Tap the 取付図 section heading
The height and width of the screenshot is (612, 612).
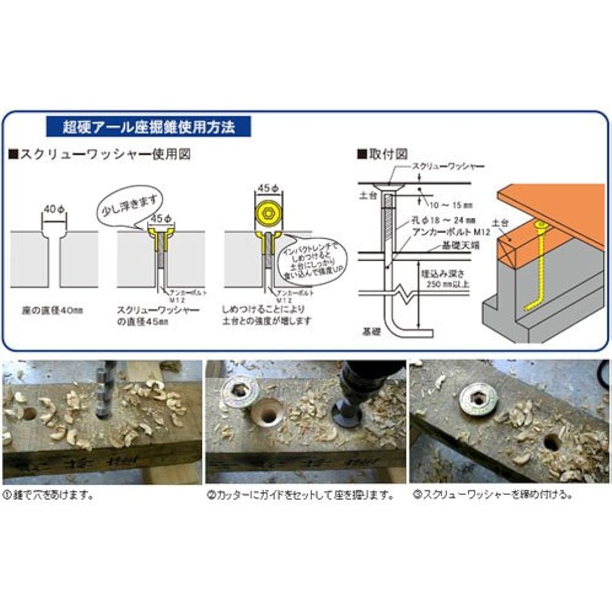(x=382, y=154)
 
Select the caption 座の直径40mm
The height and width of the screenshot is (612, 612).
(x=53, y=310)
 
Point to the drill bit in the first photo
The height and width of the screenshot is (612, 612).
(x=105, y=388)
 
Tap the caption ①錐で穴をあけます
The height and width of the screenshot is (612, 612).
(x=49, y=495)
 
